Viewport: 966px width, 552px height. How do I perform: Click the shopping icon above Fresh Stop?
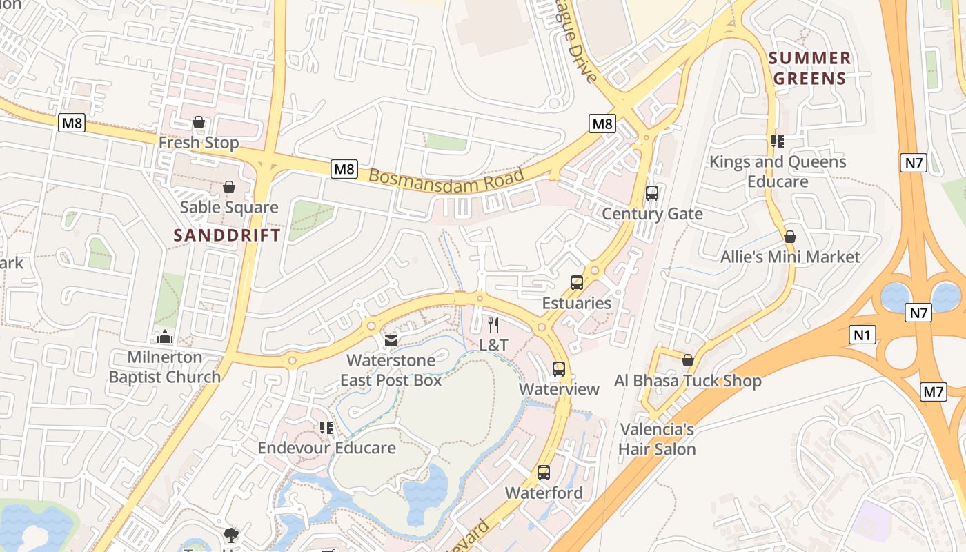(199, 122)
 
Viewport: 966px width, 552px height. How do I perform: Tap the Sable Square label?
(229, 207)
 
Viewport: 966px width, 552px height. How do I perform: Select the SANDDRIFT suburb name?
(227, 235)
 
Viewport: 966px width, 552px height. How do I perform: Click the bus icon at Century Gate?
(652, 193)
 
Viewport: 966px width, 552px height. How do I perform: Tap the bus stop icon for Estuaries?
(577, 282)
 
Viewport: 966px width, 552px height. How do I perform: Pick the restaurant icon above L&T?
(493, 324)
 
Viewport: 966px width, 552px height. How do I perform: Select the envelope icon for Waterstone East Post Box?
(391, 340)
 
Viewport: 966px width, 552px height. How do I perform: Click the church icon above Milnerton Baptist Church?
(164, 337)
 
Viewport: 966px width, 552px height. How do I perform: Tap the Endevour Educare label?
(326, 448)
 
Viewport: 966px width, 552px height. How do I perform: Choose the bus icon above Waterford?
(544, 473)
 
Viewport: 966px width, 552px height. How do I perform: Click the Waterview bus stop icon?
(559, 369)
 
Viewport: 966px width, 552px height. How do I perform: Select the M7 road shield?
(934, 392)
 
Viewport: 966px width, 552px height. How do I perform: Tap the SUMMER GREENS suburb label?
(809, 68)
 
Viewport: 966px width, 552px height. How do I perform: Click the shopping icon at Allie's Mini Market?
(790, 237)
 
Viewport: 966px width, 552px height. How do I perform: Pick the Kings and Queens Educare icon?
(778, 141)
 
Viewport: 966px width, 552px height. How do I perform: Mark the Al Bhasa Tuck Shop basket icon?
(688, 360)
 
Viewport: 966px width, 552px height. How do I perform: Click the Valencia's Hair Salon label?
(657, 440)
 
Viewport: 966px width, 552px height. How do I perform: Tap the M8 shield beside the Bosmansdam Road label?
(344, 169)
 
